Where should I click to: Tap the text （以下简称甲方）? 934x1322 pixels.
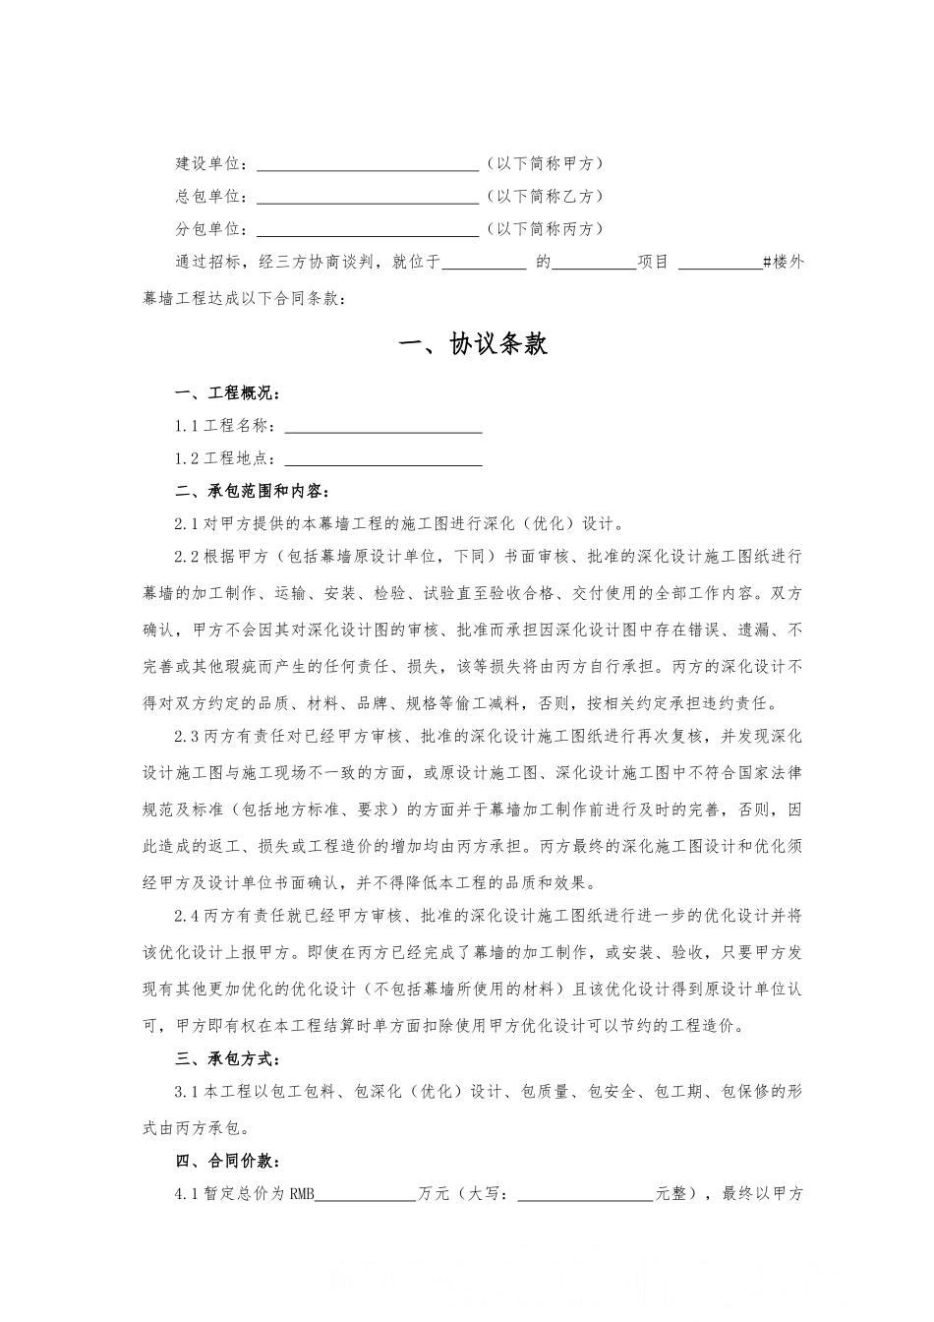click(545, 163)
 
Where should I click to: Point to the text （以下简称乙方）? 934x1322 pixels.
click(545, 196)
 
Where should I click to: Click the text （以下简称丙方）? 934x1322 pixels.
click(545, 229)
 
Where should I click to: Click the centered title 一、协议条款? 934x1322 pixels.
click(473, 344)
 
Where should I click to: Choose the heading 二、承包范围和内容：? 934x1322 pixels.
click(253, 491)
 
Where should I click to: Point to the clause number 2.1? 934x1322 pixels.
click(188, 523)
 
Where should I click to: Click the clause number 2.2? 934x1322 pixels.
click(188, 557)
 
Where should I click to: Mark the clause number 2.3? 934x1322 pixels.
click(188, 736)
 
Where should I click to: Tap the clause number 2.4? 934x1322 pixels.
click(188, 916)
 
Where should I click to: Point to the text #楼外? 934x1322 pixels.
click(784, 263)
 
